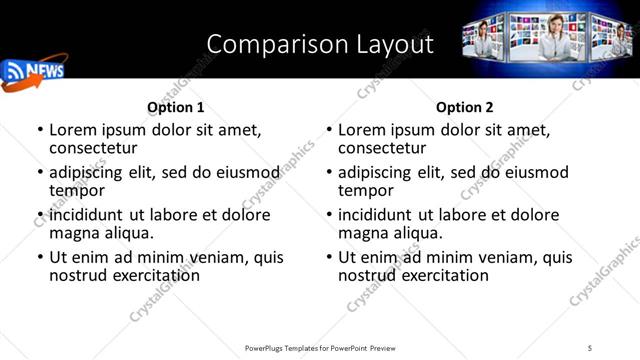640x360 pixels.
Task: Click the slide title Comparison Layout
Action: (320, 44)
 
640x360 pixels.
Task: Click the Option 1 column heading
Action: (176, 107)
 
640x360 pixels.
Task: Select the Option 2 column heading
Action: (465, 107)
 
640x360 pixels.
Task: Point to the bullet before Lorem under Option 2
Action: (329, 131)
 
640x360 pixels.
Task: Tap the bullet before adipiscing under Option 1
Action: (40, 173)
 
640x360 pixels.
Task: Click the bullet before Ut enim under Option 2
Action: (329, 257)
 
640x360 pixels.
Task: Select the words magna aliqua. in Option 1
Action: (101, 233)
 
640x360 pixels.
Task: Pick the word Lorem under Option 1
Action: (75, 130)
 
